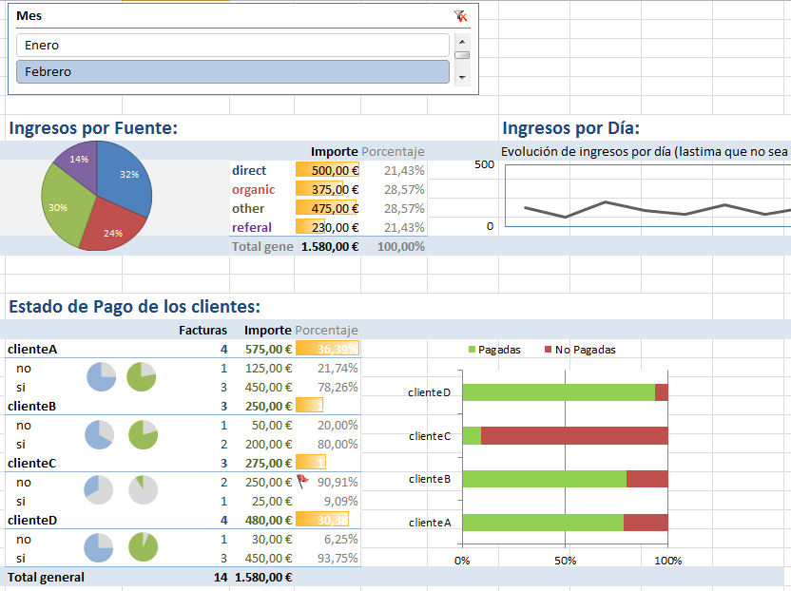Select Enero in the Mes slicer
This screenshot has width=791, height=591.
232,46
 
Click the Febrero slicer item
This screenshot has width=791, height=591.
232,72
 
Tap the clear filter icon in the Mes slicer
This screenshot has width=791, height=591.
461,16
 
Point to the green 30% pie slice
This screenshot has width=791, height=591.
63,207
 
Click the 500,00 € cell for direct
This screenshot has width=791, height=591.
328,171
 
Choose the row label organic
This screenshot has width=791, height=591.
253,190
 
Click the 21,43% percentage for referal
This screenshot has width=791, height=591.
404,228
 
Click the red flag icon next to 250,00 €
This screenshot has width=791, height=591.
302,481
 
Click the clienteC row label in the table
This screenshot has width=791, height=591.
32,464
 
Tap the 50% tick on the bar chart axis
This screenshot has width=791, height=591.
565,561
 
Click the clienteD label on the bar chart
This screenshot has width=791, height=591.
429,392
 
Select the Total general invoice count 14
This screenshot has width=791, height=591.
220,578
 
